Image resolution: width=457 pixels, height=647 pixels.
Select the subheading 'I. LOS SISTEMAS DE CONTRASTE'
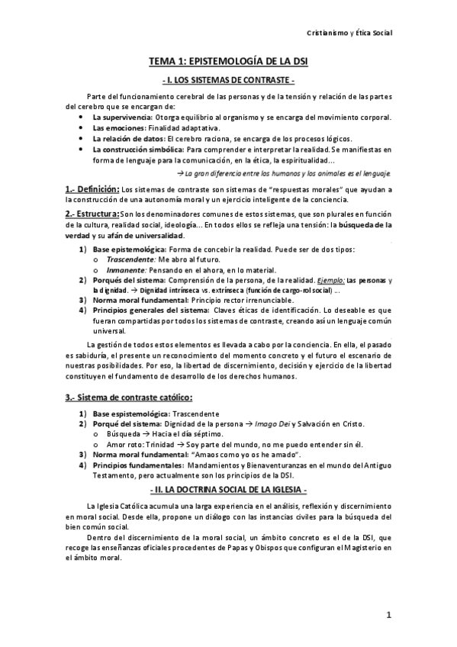[229, 80]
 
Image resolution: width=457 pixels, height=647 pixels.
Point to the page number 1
[388, 615]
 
